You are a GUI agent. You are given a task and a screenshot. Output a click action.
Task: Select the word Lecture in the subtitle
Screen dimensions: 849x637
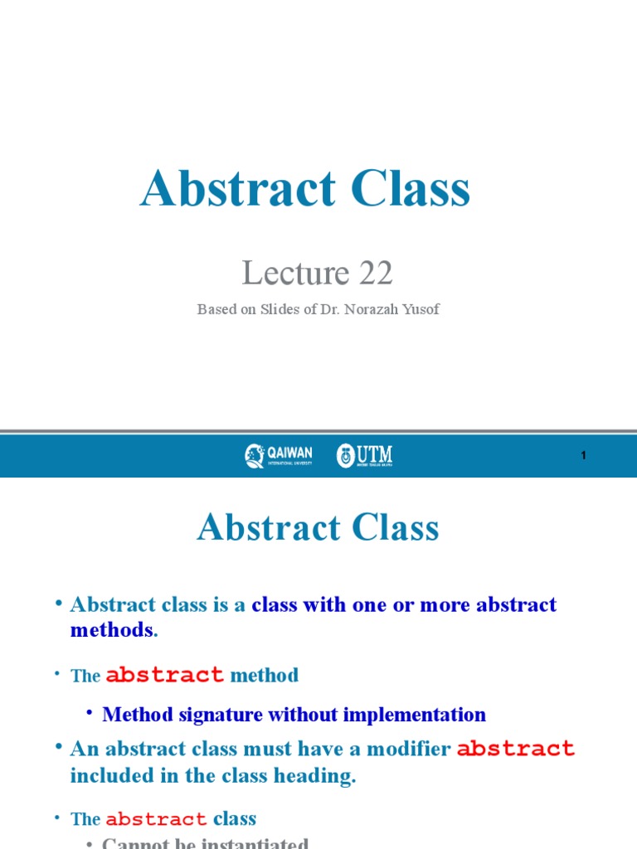click(294, 272)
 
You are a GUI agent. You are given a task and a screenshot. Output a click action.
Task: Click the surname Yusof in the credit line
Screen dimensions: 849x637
click(422, 309)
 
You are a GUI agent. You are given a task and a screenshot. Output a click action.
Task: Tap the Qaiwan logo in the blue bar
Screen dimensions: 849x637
click(279, 455)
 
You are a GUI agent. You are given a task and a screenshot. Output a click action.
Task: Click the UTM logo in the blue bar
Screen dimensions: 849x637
click(364, 455)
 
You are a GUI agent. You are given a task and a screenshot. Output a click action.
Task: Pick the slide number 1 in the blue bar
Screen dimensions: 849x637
click(584, 456)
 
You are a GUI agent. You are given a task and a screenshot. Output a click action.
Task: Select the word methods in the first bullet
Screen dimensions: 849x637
click(112, 629)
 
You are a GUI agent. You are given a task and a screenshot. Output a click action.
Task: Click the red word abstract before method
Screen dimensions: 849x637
click(165, 675)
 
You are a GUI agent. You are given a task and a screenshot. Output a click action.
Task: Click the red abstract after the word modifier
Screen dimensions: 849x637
click(516, 749)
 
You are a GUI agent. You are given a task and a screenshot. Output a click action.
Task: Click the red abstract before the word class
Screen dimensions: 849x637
click(156, 819)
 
